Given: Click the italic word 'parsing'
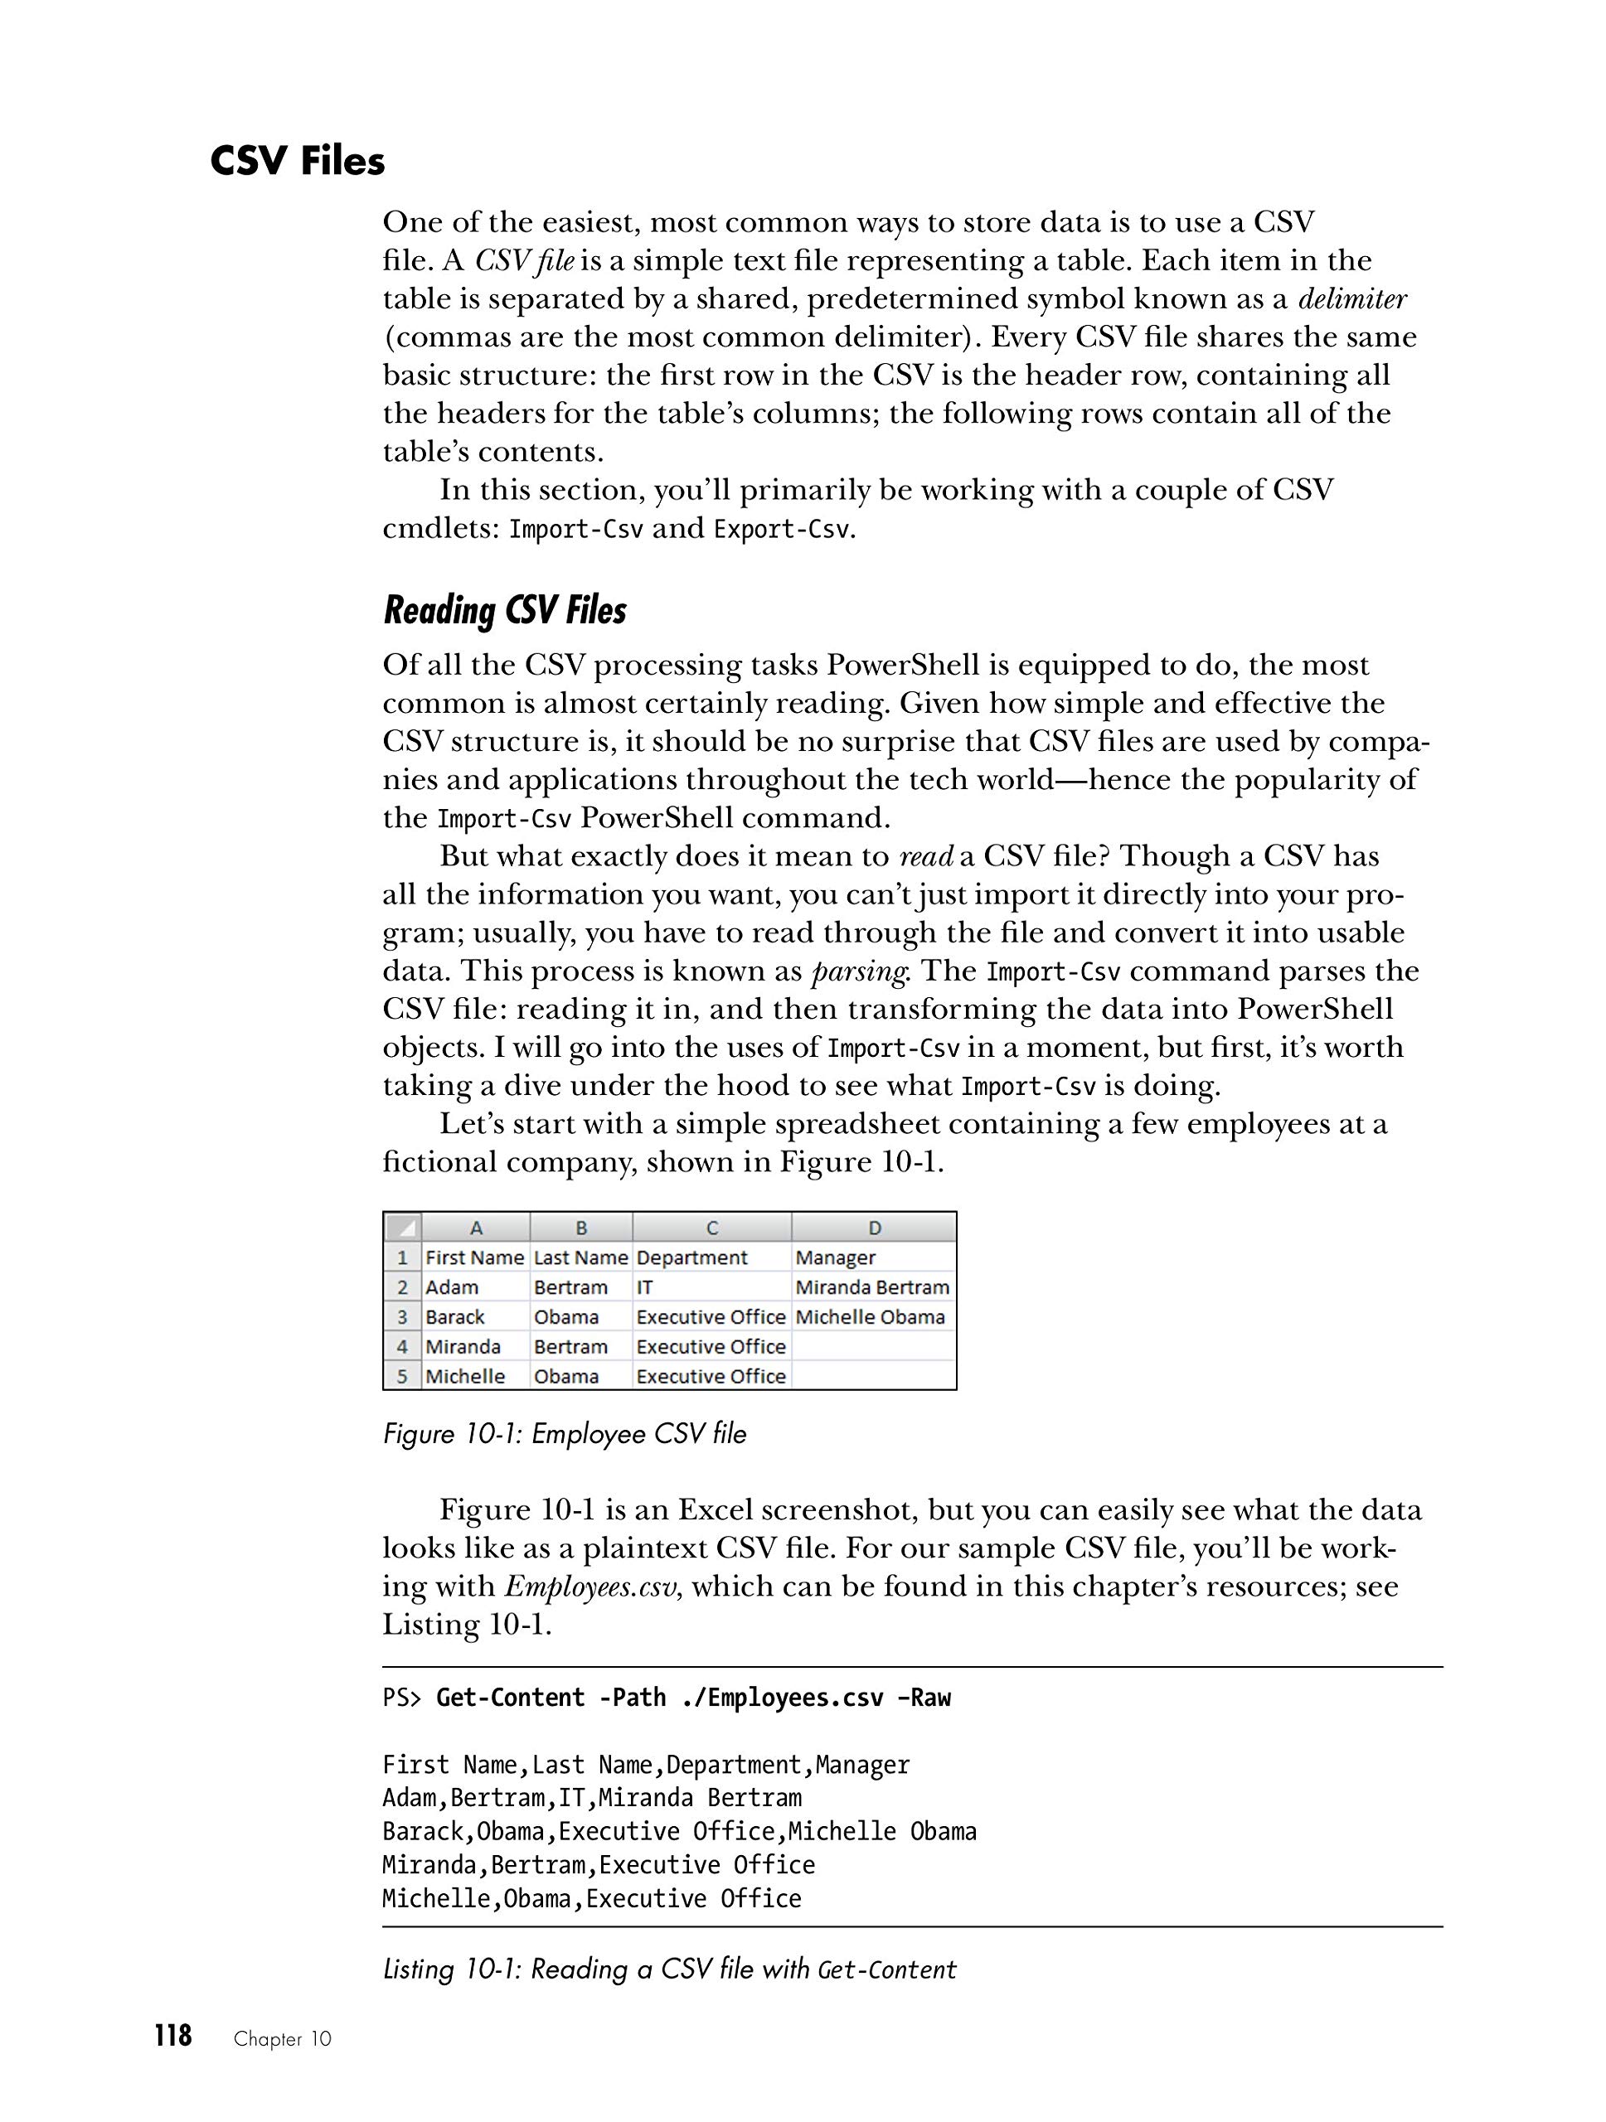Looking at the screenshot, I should [859, 971].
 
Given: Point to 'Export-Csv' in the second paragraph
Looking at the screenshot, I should [782, 530].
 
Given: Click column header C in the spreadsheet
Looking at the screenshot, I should [712, 1228].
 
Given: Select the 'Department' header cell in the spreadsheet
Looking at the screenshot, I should [691, 1257].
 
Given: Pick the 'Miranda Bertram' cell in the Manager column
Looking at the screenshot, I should [872, 1287].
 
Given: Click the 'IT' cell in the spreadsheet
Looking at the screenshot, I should [645, 1287].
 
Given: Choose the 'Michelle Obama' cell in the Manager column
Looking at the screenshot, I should [869, 1317].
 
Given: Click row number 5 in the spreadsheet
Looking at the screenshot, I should [403, 1377].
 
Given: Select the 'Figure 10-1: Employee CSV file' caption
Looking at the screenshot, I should [564, 1434].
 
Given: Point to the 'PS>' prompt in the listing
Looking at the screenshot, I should [402, 1698].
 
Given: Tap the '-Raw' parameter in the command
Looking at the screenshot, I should [923, 1698].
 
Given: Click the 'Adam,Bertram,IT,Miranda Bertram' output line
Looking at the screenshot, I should [591, 1798].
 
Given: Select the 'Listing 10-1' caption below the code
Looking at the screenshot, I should [669, 1969].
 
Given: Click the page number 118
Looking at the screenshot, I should [172, 2036].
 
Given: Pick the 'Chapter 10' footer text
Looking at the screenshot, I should [282, 2039].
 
